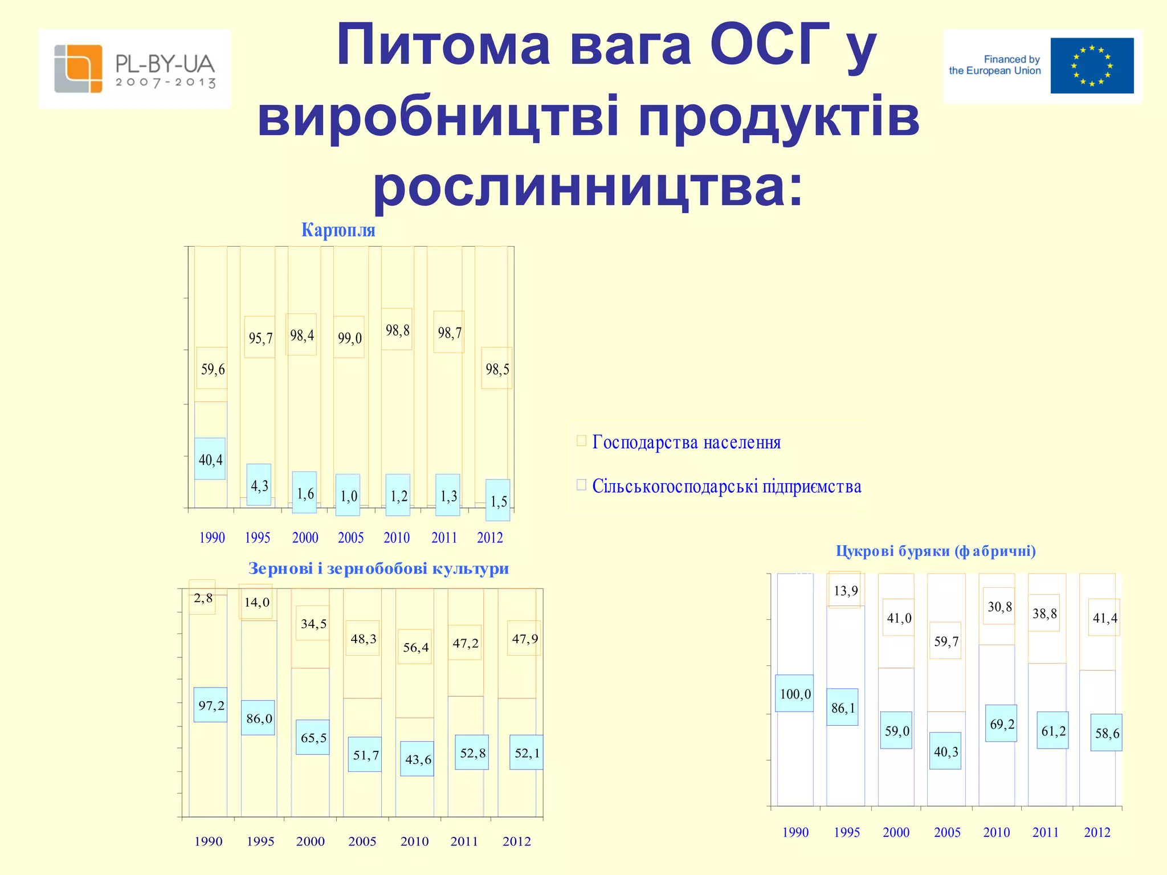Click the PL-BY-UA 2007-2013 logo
[x=135, y=69]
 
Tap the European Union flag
[x=1092, y=66]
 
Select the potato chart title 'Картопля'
[x=338, y=230]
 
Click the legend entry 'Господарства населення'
[x=686, y=442]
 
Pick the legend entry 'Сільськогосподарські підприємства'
[x=727, y=486]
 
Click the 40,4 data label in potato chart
[x=210, y=459]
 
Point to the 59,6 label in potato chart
[x=213, y=369]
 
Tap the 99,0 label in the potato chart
[x=349, y=338]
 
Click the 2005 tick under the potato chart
[x=350, y=537]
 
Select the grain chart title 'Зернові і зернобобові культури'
[x=378, y=569]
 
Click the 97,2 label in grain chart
[x=211, y=705]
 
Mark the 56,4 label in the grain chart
[x=415, y=647]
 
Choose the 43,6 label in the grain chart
[x=418, y=759]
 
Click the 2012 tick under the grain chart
[x=516, y=841]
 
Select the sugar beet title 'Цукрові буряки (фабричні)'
[x=936, y=551]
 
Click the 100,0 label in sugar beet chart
[x=795, y=694]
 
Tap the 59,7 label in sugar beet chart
[x=946, y=641]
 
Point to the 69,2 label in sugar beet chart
[x=1002, y=724]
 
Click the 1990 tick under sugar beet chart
[x=795, y=832]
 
